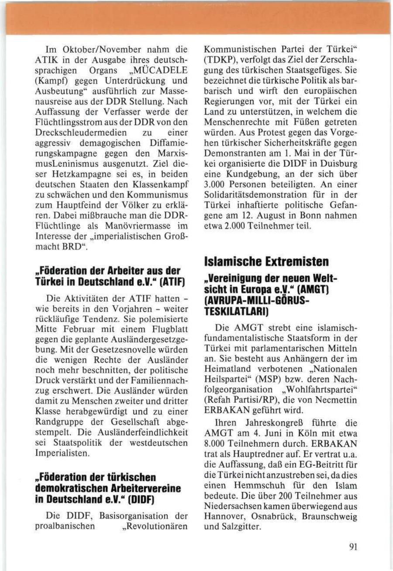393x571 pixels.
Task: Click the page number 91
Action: tap(354, 547)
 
